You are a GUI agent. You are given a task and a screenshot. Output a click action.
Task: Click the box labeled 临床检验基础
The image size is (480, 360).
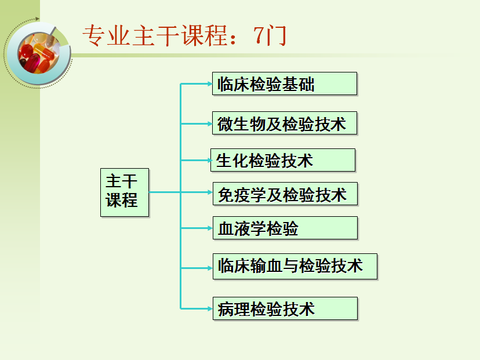pos(284,84)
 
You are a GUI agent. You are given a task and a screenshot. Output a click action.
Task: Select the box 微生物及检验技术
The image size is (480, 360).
pos(284,123)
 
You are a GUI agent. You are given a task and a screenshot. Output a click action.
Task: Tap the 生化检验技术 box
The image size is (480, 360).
pos(282,161)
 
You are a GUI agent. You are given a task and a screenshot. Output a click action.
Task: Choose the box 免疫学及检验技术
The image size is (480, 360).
pos(284,194)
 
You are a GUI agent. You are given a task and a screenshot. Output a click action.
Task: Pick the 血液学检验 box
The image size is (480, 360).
pos(284,228)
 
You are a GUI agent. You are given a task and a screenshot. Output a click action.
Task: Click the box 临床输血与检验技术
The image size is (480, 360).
pos(294,267)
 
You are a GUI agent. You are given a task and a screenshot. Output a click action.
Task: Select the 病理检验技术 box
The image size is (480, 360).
pos(284,308)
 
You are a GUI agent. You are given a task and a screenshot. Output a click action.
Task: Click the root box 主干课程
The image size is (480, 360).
pos(124,192)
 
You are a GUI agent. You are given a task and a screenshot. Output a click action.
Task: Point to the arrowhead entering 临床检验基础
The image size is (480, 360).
pos(209,84)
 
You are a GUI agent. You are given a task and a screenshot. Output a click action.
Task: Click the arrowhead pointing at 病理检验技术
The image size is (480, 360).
pos(209,308)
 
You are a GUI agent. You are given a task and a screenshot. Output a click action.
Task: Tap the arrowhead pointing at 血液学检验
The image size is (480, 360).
pos(209,228)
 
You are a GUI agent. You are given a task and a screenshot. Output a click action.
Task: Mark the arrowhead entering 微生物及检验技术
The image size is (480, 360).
pos(209,123)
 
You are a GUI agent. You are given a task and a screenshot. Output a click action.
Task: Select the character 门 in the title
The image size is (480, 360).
pos(275,37)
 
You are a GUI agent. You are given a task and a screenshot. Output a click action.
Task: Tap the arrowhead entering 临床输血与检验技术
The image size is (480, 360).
pos(209,267)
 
